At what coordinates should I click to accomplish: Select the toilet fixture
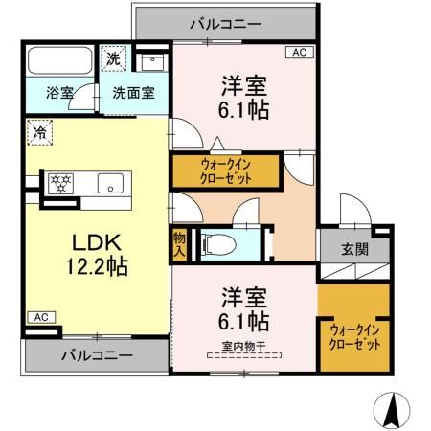point(215,243)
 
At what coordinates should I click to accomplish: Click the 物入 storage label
point(180,242)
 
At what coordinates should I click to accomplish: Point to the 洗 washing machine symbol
point(113,59)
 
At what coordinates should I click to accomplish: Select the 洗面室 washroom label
point(134,94)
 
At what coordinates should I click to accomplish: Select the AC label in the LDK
point(40,317)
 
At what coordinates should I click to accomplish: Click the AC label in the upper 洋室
point(297,53)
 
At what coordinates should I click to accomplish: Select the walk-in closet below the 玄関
point(353,336)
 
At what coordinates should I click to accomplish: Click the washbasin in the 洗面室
point(152,62)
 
